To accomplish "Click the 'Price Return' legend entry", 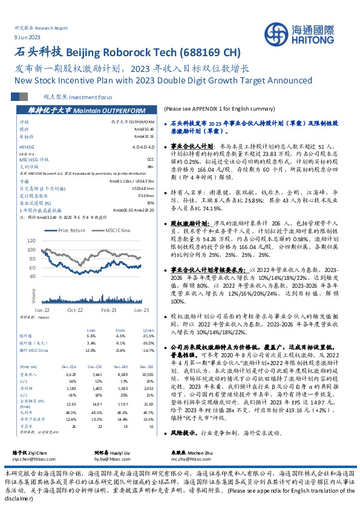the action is tap(71, 230).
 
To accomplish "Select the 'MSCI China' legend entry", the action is tap(117, 230).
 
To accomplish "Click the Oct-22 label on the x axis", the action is tap(75, 309).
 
